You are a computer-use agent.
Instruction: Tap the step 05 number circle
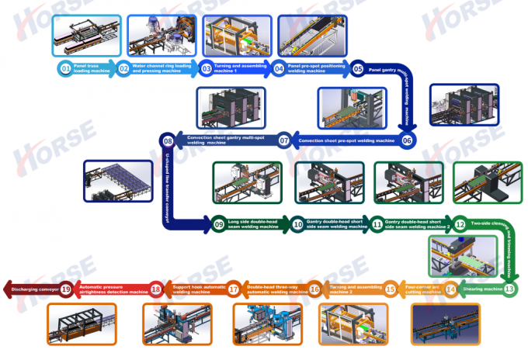coord(358,68)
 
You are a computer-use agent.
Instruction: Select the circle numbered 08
coord(167,140)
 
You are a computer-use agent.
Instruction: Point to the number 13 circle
coord(509,289)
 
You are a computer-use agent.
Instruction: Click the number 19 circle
coord(66,289)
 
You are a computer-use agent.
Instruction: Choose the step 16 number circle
coord(314,289)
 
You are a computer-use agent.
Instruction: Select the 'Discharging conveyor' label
coord(33,289)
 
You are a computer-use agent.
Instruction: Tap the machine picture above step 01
coord(83,36)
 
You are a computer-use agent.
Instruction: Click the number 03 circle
coord(206,68)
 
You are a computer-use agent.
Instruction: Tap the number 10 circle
coord(297,224)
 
